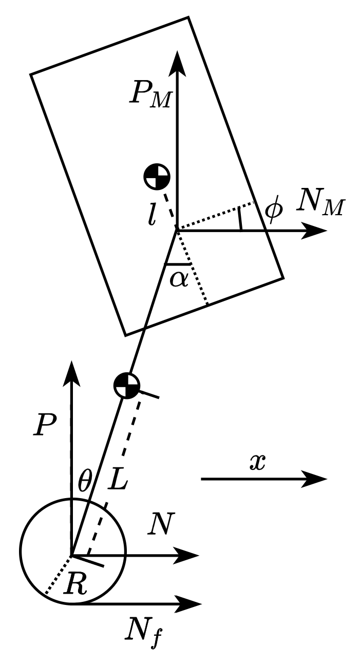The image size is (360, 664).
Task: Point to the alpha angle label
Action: click(179, 280)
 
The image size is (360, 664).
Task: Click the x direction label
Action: click(257, 462)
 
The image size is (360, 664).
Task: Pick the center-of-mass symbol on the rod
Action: click(126, 385)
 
